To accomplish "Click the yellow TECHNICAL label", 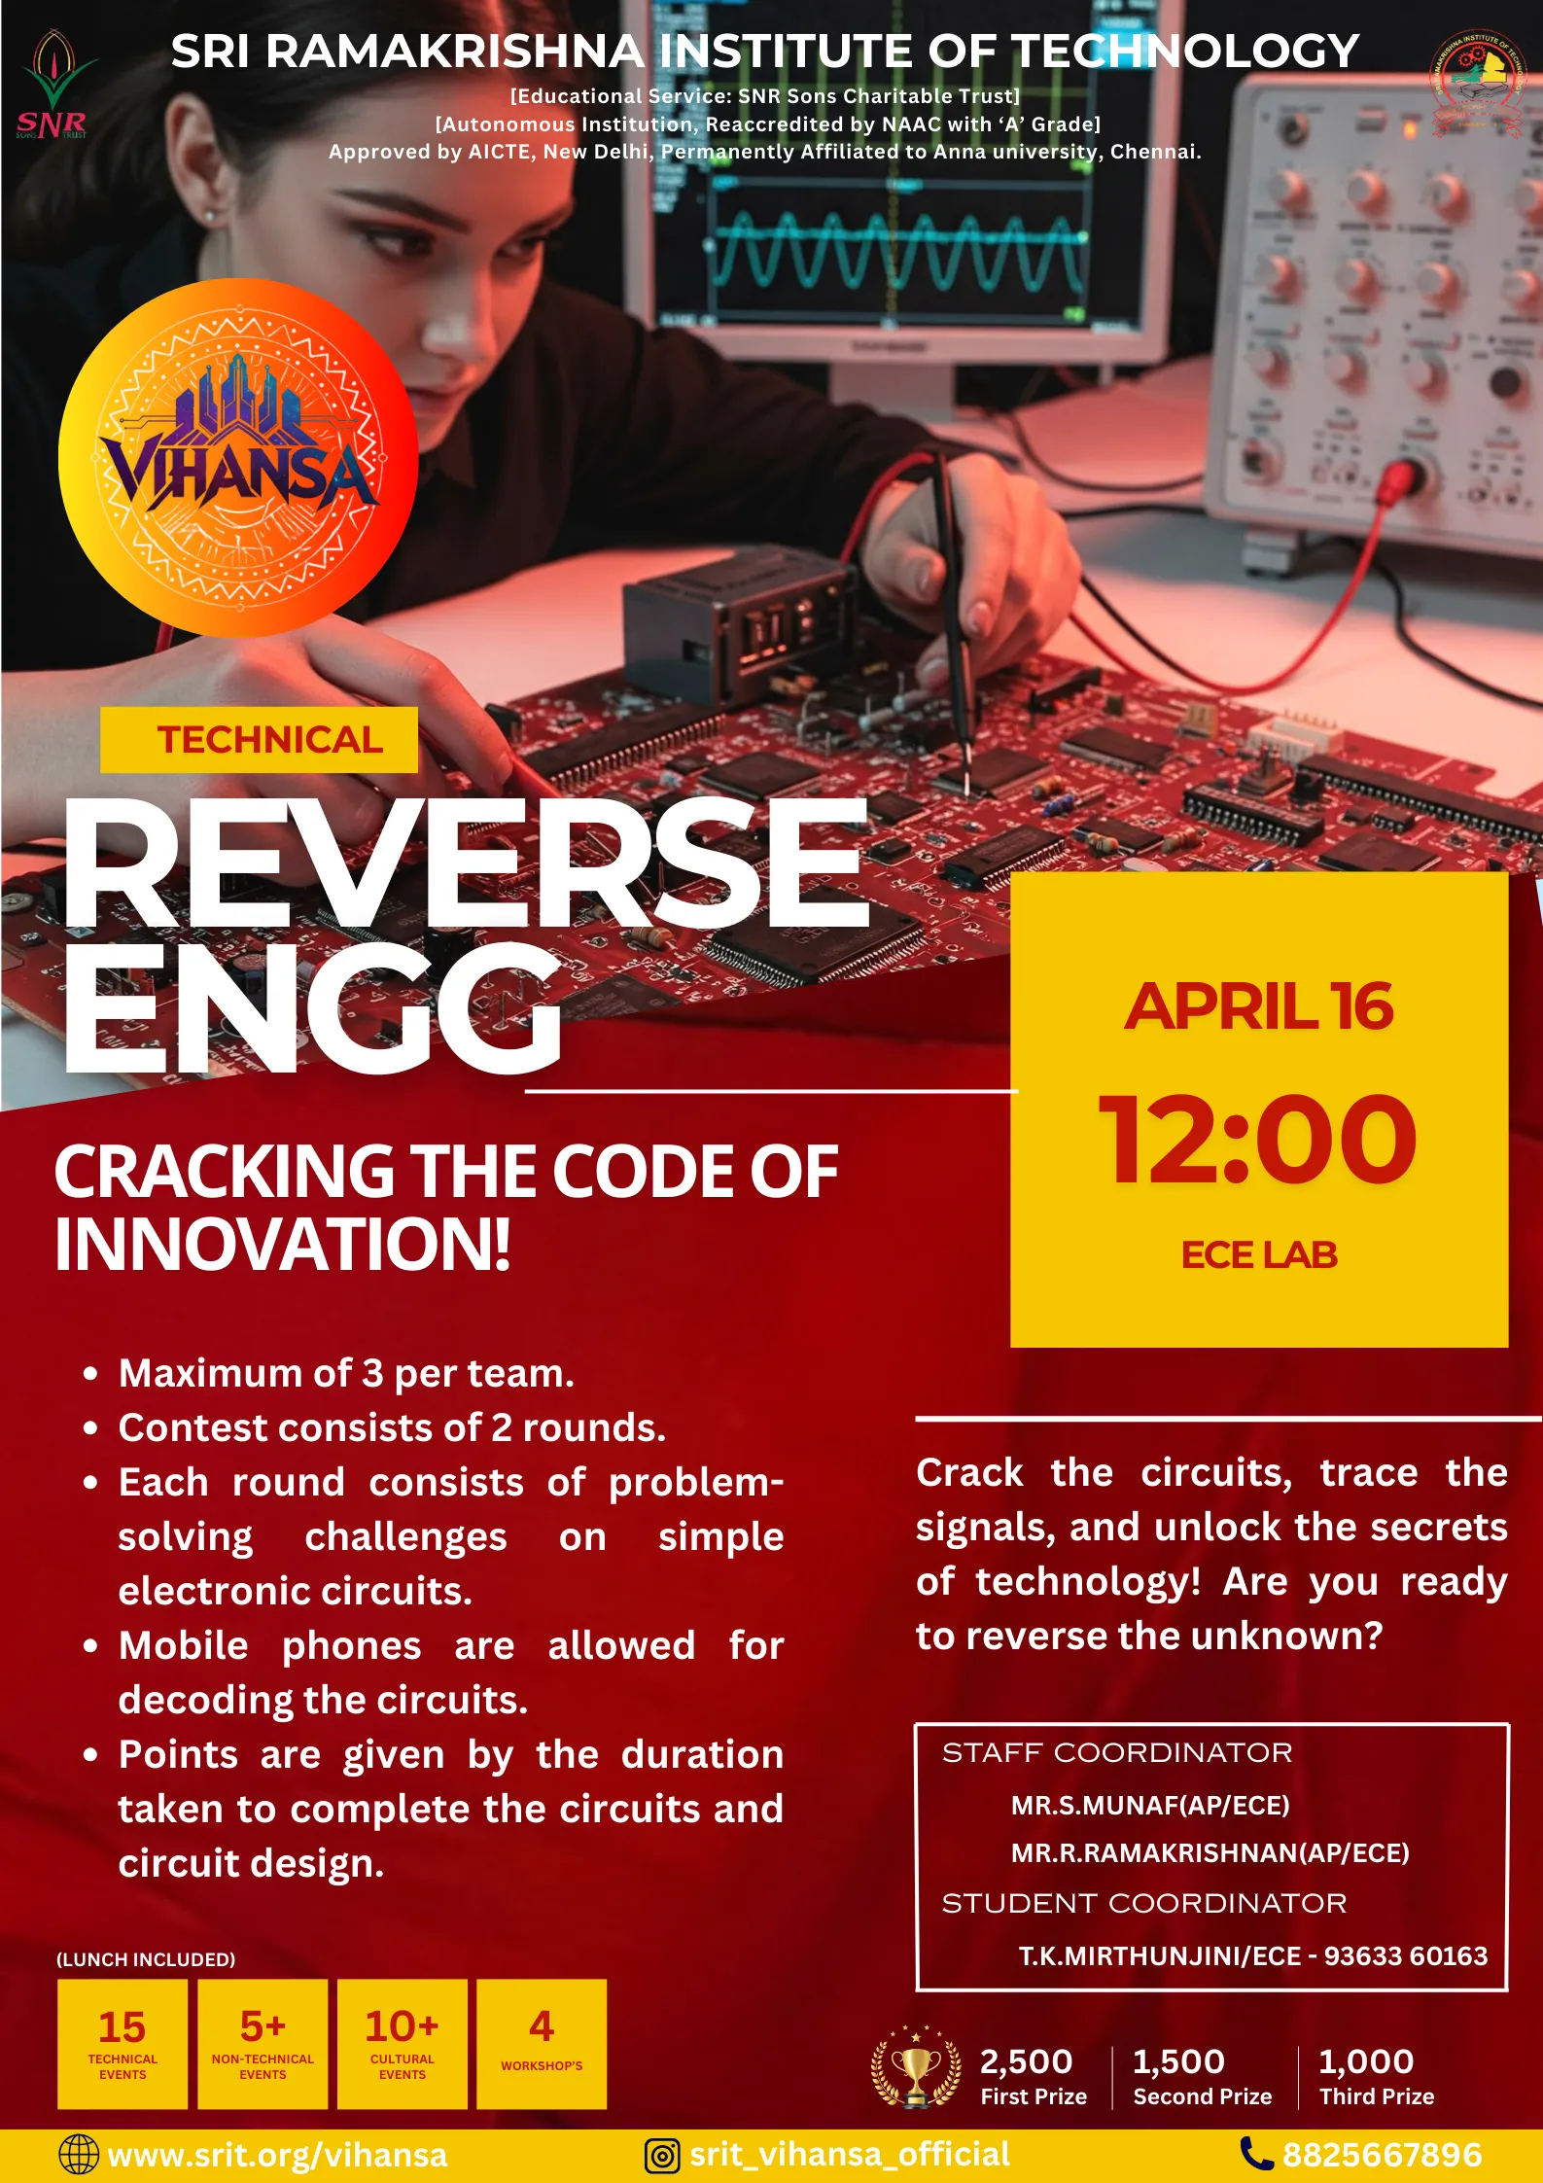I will (260, 740).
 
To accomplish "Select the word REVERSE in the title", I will (465, 863).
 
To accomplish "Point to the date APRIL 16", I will (1258, 1006).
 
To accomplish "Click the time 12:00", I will (1258, 1139).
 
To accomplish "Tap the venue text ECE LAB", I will (1258, 1254).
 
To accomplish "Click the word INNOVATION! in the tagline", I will (282, 1245).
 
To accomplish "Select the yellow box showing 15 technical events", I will (123, 2043).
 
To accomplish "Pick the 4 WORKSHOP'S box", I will (542, 2043).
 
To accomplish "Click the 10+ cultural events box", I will (403, 2043).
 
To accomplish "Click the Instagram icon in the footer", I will (662, 2155).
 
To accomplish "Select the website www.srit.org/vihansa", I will (277, 2155).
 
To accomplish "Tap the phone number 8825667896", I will (1382, 2155).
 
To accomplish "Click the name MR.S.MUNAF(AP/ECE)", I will (1150, 1806).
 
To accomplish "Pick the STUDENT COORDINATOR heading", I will (1144, 1903).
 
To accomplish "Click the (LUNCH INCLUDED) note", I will (146, 1959).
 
